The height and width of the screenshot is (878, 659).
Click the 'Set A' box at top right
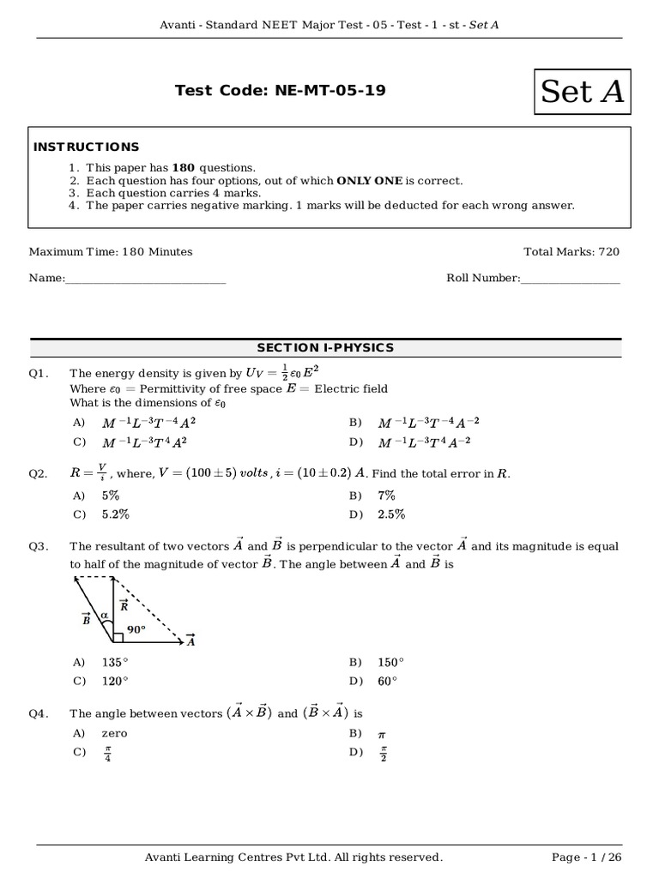coord(582,91)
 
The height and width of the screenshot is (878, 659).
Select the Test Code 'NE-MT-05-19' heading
coord(280,90)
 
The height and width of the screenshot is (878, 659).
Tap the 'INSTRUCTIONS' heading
coord(86,147)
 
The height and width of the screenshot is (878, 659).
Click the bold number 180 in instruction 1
coord(184,168)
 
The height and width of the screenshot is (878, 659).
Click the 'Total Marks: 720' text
coord(571,252)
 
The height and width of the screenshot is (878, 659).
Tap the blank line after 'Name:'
coord(146,279)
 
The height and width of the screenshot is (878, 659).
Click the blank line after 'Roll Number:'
coord(570,279)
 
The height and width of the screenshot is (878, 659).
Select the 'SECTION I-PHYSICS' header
coord(325,347)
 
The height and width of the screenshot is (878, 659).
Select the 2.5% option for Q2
coord(391,514)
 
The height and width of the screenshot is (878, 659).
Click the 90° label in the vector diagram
coord(136,628)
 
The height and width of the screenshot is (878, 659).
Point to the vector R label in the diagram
coord(124,605)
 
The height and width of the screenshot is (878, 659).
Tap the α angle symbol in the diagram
coord(104,615)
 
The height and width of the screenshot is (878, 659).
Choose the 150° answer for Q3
coord(390,662)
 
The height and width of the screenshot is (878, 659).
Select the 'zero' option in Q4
coord(114,734)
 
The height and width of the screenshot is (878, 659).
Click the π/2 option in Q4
coord(383,753)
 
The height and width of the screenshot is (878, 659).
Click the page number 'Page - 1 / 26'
coord(584,857)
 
